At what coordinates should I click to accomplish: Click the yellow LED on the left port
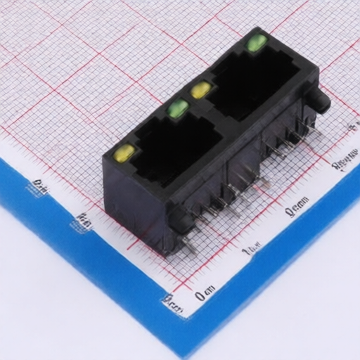click(x=124, y=153)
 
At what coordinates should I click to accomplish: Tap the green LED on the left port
click(x=178, y=108)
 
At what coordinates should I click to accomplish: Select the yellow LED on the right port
click(x=201, y=89)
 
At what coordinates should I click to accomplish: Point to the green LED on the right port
click(x=256, y=43)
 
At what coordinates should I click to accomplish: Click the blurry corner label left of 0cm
click(x=172, y=304)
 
